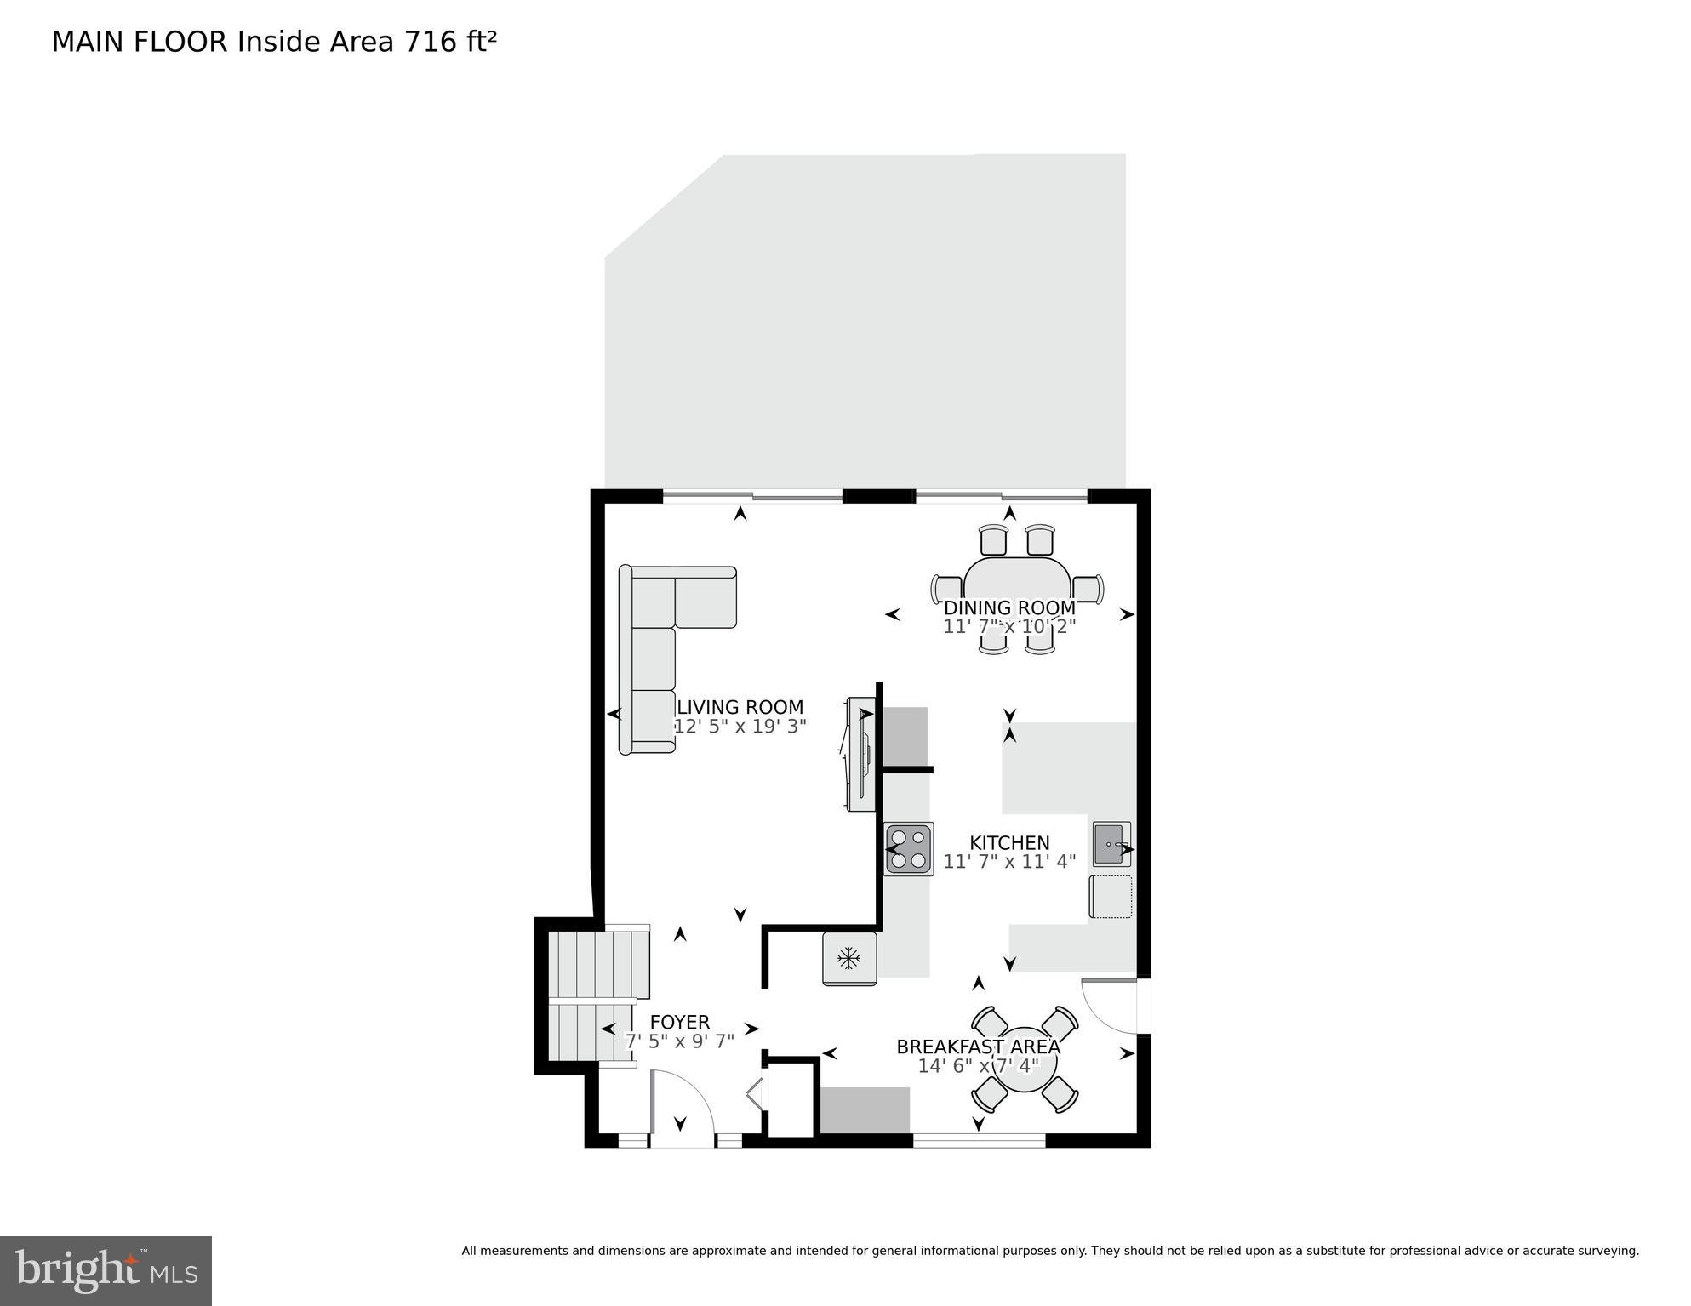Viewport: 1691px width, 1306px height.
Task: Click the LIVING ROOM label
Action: (x=740, y=707)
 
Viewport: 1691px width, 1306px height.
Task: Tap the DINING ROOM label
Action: (x=1009, y=607)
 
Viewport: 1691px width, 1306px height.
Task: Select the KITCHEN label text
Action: (x=1009, y=842)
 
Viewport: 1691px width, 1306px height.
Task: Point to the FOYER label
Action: (x=679, y=1022)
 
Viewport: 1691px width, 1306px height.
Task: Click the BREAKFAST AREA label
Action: (x=978, y=1047)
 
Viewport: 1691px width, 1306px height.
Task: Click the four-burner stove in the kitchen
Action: (x=909, y=849)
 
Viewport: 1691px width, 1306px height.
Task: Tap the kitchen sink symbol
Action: (x=1111, y=843)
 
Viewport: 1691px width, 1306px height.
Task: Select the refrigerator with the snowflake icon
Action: (x=849, y=959)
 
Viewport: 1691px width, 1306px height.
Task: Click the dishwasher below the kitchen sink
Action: (x=1111, y=897)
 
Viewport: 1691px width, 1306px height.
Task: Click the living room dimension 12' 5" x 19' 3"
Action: (x=740, y=727)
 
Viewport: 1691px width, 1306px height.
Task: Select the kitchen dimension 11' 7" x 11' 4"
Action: (x=1009, y=861)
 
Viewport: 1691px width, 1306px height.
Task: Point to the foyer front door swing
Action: (x=681, y=1106)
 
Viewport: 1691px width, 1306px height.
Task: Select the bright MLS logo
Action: (x=106, y=1271)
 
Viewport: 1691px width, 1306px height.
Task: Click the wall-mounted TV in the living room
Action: (x=861, y=753)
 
